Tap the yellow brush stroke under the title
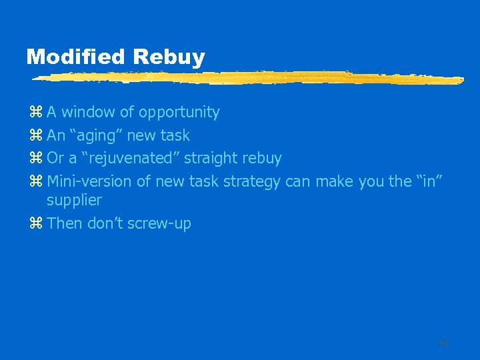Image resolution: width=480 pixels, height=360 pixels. (247, 79)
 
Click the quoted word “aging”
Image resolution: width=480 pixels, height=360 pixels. (96, 135)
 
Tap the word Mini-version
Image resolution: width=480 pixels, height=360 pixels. (90, 181)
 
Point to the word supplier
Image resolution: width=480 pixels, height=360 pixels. (74, 200)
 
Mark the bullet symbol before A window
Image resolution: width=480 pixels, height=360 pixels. (37, 113)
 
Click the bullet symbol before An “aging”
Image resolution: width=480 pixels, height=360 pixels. (37, 136)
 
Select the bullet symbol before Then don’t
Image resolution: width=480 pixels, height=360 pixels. (37, 224)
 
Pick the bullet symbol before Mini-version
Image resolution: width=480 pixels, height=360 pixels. (37, 181)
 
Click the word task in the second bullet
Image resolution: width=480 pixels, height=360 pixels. (176, 135)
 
